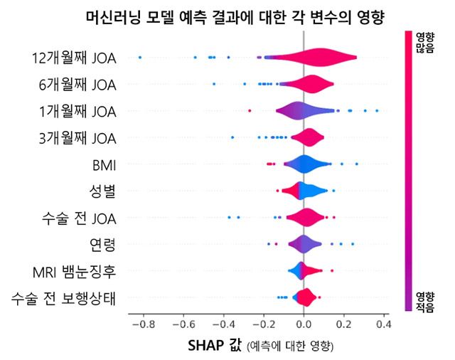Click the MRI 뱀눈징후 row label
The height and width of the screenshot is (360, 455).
[74, 271]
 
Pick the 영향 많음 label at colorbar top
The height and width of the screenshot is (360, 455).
[425, 43]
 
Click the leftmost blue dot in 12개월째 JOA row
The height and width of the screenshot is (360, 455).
[139, 57]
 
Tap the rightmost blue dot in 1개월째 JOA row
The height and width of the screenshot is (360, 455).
[377, 110]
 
